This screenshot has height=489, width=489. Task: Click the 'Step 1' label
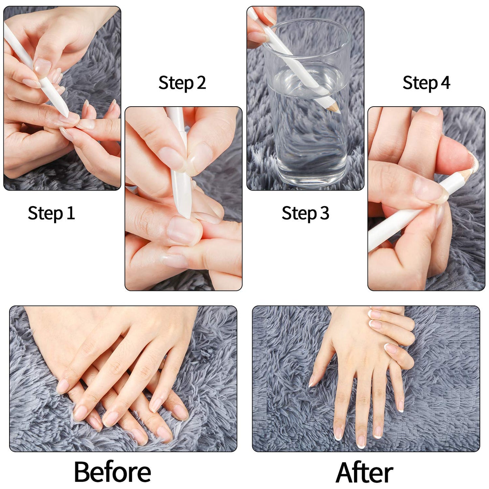click(51, 214)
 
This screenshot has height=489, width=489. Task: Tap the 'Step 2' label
click(182, 83)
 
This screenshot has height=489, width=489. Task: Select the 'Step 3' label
click(305, 214)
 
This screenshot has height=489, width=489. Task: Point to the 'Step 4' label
click(426, 83)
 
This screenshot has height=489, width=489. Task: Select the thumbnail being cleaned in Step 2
click(184, 230)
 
